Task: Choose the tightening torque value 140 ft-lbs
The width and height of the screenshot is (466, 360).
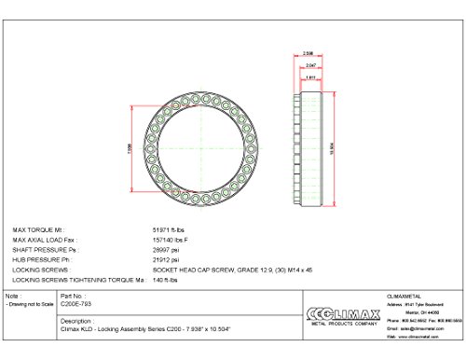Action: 167,280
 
